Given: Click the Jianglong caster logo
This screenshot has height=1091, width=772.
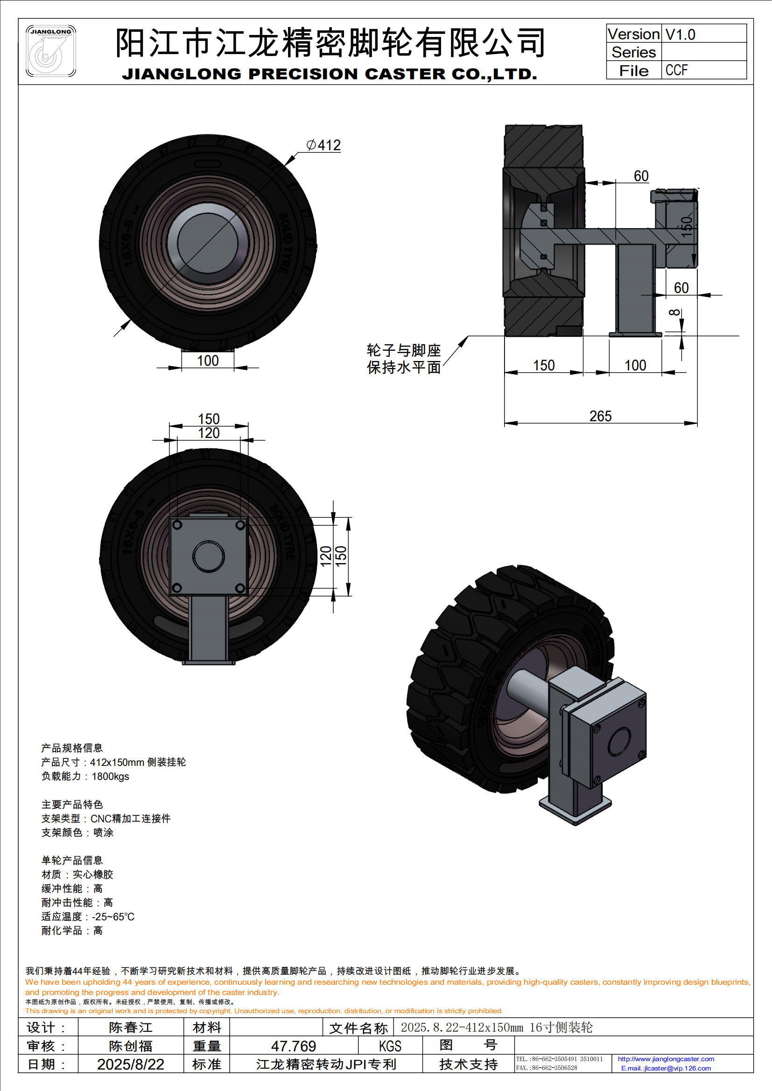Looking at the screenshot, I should (x=50, y=51).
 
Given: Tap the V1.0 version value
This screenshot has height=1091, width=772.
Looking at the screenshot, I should (x=680, y=34).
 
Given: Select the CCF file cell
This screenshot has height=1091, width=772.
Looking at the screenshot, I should (x=676, y=70).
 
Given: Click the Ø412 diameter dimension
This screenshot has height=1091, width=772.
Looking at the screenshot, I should (x=324, y=146).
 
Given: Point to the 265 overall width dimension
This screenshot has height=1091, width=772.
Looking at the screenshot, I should (x=600, y=416).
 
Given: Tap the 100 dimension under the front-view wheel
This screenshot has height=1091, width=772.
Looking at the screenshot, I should (x=208, y=361).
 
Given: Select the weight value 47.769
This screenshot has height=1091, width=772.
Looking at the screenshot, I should (x=293, y=1046).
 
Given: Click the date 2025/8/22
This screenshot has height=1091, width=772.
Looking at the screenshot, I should (x=131, y=1064).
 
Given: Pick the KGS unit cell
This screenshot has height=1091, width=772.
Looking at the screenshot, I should (x=390, y=1046).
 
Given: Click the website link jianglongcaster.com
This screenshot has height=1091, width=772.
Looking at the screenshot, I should (x=666, y=1059).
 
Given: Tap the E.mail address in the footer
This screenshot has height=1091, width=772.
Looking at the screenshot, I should (x=666, y=1069).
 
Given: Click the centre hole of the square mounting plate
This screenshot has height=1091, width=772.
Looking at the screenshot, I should (x=208, y=556).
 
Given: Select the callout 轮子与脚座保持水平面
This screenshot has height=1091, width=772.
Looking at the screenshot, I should (x=404, y=359).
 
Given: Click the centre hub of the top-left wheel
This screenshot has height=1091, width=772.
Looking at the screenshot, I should (x=208, y=243).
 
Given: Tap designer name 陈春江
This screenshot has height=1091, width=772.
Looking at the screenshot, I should (x=131, y=1028).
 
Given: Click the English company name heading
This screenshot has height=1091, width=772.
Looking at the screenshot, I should (x=330, y=74).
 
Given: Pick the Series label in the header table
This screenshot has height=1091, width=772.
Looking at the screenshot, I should (x=633, y=52).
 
